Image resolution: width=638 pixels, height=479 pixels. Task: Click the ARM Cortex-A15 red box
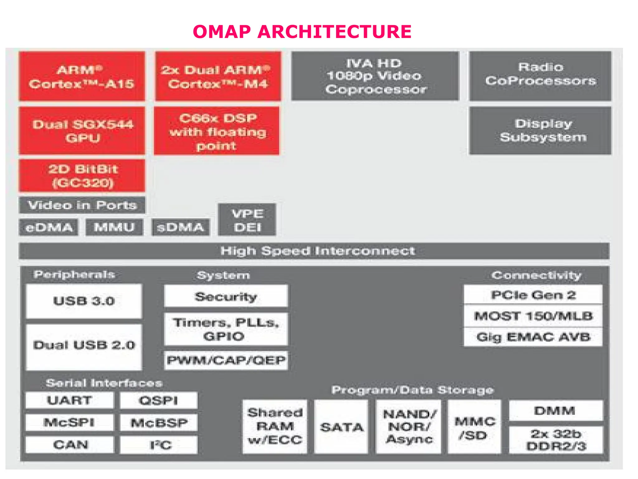coord(82,76)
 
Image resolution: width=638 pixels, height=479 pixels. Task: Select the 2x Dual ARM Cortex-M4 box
coord(218,76)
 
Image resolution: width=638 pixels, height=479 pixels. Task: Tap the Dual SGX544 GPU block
coord(82,131)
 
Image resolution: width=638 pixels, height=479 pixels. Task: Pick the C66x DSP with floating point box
coord(217,131)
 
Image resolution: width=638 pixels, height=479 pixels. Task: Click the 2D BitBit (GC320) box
coord(82,176)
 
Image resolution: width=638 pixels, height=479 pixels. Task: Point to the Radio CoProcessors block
coord(540,76)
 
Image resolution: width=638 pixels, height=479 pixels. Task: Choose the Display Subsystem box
coord(540,130)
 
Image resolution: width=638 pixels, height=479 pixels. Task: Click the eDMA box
coord(49,227)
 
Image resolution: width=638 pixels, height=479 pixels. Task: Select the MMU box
coord(114,227)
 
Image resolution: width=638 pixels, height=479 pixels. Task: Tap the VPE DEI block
coord(247,220)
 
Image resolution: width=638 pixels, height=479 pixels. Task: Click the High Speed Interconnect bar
coord(314,251)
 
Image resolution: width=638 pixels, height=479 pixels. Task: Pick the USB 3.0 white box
coord(84,301)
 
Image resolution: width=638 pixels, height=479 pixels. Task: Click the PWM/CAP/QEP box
coord(226,360)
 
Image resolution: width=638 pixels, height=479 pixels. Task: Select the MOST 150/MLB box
coord(533,316)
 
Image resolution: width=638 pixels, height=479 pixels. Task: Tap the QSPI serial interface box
coord(159,400)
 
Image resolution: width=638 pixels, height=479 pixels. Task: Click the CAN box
coord(70,445)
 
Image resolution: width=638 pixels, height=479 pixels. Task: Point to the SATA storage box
coord(341,427)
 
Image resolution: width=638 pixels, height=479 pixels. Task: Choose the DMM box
coord(556,411)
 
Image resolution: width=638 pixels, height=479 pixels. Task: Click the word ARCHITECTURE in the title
coord(334,32)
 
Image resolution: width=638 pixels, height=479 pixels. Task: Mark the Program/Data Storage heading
coord(412,390)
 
